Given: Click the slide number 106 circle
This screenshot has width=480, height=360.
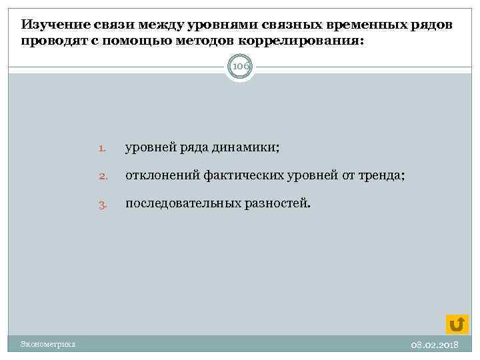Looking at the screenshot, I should (240, 67).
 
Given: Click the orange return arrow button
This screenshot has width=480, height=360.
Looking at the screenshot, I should (457, 324).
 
